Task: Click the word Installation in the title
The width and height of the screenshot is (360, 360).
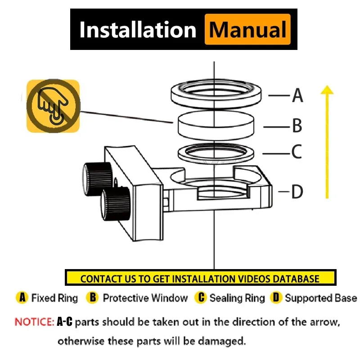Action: click(137, 30)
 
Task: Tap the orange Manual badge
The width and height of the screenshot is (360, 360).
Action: click(247, 30)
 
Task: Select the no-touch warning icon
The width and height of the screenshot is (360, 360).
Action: click(53, 106)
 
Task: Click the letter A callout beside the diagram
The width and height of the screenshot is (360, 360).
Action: click(297, 95)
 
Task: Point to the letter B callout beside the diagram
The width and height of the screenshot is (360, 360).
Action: click(297, 126)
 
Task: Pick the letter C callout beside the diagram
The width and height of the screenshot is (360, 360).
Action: click(296, 152)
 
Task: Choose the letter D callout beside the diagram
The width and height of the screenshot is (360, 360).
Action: click(297, 192)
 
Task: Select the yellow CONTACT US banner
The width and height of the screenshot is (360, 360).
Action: click(200, 278)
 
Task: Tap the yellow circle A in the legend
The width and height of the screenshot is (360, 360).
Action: click(22, 298)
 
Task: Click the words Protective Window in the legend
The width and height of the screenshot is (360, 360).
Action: click(145, 298)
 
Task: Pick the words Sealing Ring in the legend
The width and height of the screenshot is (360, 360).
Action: click(237, 298)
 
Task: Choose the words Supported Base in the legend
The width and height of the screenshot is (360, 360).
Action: click(320, 298)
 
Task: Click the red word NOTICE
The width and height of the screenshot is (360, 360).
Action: click(34, 322)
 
